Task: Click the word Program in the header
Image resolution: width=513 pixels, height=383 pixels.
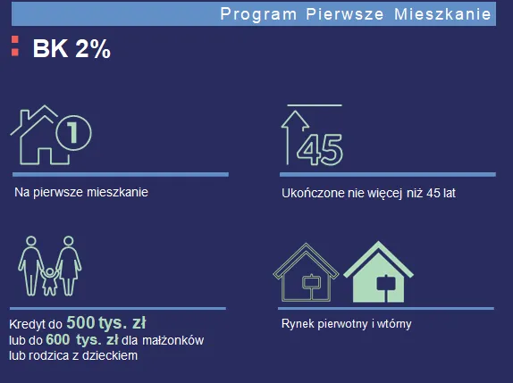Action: pyautogui.click(x=252, y=13)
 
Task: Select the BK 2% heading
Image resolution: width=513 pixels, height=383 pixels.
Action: pyautogui.click(x=71, y=50)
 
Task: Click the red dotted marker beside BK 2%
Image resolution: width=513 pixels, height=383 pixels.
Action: pyautogui.click(x=14, y=47)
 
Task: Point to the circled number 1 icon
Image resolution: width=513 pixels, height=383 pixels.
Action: pyautogui.click(x=73, y=134)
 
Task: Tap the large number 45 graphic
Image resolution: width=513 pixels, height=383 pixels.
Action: pyautogui.click(x=320, y=149)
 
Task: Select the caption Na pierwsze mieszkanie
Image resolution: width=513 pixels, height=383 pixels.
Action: pyautogui.click(x=81, y=192)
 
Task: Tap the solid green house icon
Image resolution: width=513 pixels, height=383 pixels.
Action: pyautogui.click(x=379, y=273)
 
